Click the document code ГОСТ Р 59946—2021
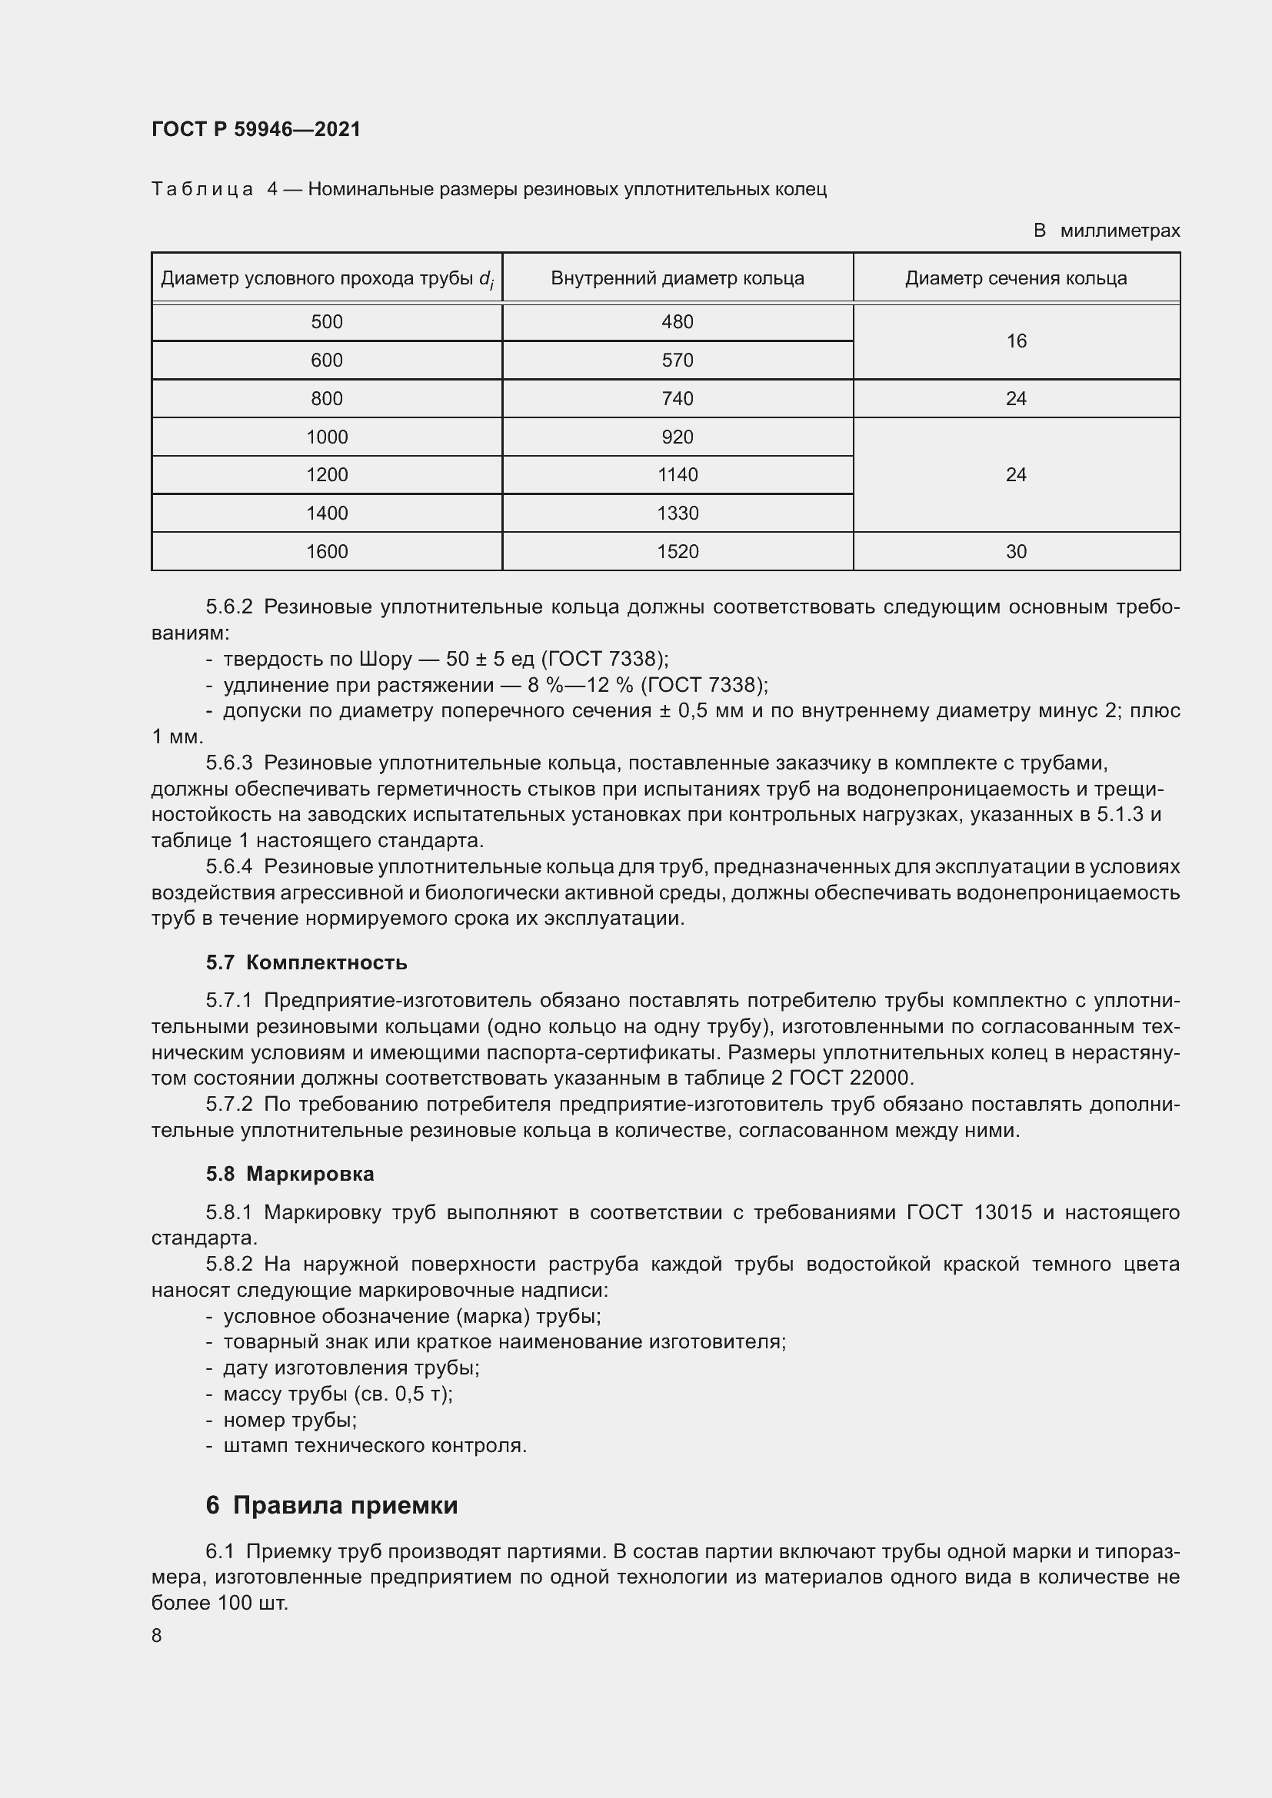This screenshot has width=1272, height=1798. tap(256, 129)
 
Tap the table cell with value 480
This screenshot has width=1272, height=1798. tap(677, 322)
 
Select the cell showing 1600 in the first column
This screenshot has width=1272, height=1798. tap(327, 551)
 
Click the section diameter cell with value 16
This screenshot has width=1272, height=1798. tap(1016, 341)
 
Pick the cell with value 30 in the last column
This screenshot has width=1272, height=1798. tap(1016, 551)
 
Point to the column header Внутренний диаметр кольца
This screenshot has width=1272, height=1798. tap(677, 278)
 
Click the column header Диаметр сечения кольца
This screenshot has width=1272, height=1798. tap(1016, 278)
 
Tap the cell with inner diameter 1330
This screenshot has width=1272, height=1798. tap(677, 513)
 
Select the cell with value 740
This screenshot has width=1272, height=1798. tap(677, 399)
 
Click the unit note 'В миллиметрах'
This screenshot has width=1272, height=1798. tap(1106, 231)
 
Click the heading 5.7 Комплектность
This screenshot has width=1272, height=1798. tap(306, 962)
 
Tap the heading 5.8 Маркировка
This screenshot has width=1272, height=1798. tap(290, 1174)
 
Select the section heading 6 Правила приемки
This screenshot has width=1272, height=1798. tap(331, 1505)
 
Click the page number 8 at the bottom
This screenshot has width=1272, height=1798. tap(157, 1636)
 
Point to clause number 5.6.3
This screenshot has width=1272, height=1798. tap(229, 763)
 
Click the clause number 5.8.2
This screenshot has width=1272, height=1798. tap(229, 1264)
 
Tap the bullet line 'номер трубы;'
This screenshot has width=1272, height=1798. tap(290, 1420)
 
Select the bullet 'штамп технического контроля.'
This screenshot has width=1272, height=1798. tap(375, 1446)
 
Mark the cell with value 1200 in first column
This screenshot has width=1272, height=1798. tap(327, 474)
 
